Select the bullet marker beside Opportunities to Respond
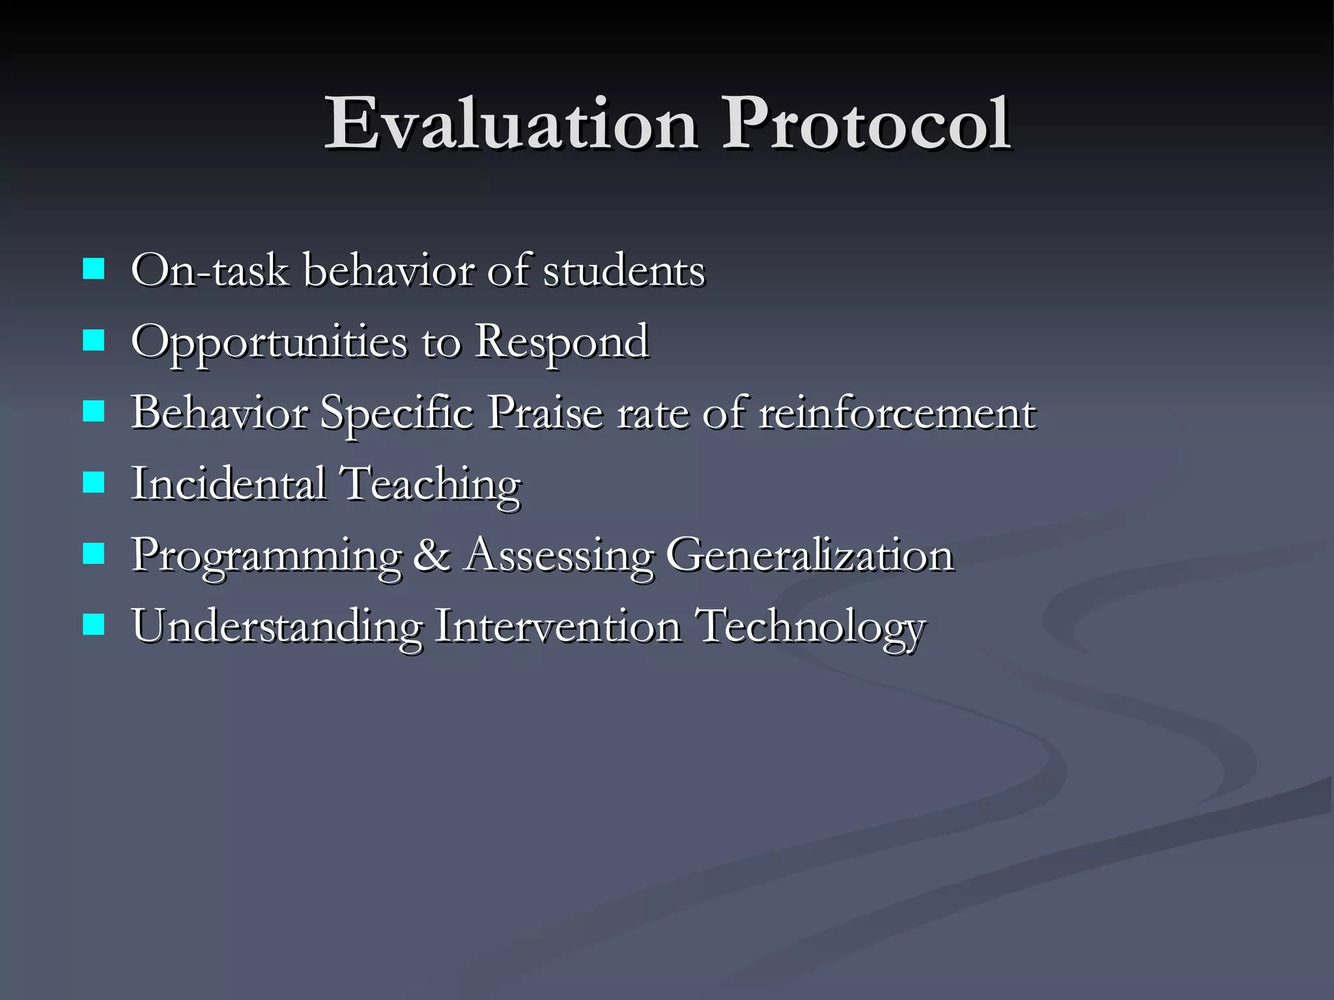pyautogui.click(x=94, y=340)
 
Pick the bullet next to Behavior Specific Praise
pyautogui.click(x=94, y=411)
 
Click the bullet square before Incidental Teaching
pyautogui.click(x=94, y=483)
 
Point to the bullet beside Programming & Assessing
pyautogui.click(x=94, y=555)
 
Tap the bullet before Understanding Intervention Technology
pyautogui.click(x=94, y=626)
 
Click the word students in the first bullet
pyautogui.click(x=623, y=270)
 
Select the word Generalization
pyautogui.click(x=809, y=555)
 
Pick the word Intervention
pyautogui.click(x=558, y=626)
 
